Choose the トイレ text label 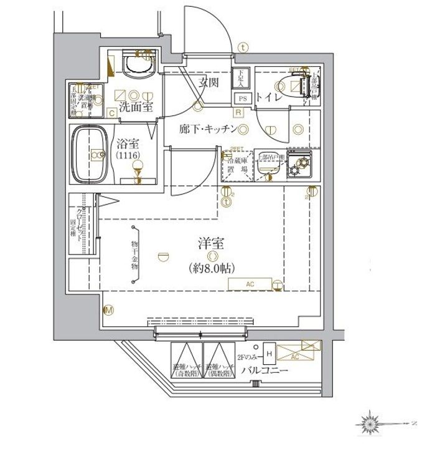click(x=268, y=98)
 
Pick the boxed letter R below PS click(x=238, y=113)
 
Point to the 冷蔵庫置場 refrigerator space click(x=236, y=167)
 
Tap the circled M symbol click(x=108, y=310)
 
